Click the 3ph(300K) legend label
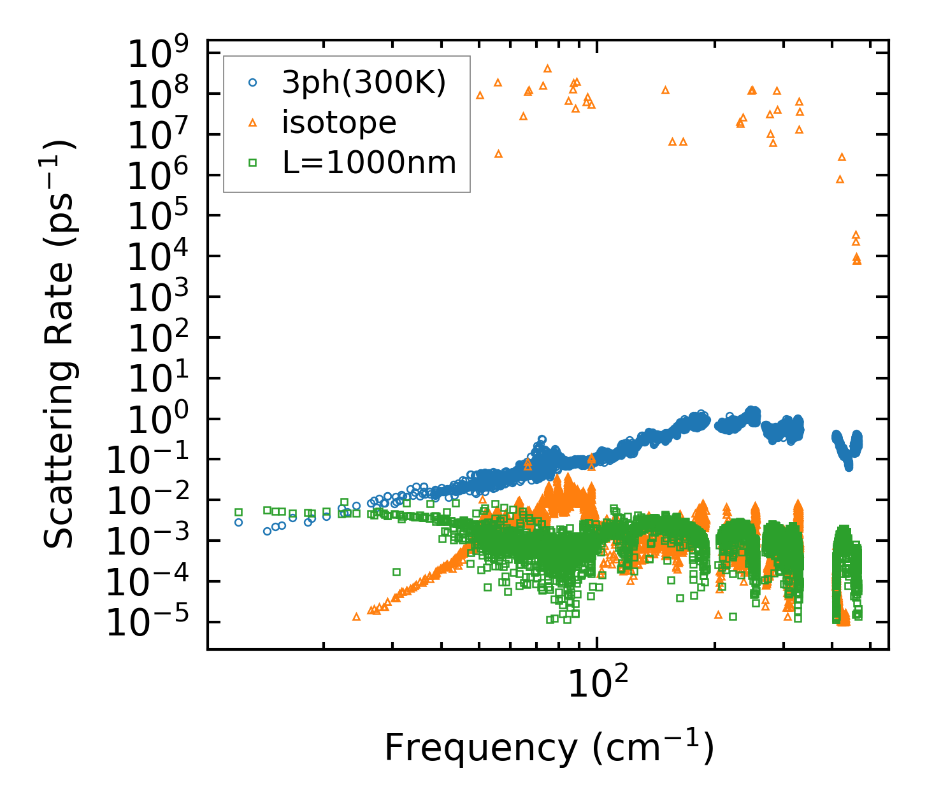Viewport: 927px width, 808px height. [364, 83]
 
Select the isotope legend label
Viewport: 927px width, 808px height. [339, 123]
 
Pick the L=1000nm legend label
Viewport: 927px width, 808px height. [370, 163]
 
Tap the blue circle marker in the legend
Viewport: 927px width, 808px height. [252, 83]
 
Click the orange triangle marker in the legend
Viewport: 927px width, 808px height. [252, 123]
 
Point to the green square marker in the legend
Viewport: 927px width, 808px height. [252, 163]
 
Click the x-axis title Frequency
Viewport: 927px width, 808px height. [548, 748]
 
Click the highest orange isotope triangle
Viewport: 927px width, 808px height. [547, 68]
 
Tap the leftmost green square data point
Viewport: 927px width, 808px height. [238, 512]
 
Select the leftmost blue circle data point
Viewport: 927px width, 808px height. [238, 522]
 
